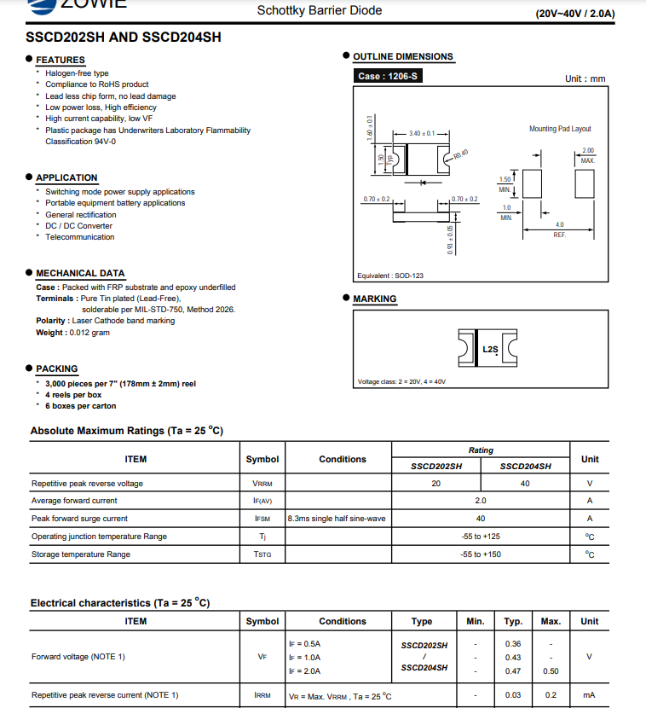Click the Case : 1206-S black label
point(389,76)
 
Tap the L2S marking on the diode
point(490,349)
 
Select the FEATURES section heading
point(61,60)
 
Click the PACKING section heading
point(57,369)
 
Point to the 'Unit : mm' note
point(585,78)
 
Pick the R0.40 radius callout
point(461,154)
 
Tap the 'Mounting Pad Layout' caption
point(560,129)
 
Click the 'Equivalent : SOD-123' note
point(390,276)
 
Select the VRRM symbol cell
point(262,484)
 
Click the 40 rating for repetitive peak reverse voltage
point(525,484)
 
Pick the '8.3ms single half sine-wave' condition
point(337,519)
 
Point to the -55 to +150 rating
point(481,554)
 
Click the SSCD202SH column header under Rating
point(436,467)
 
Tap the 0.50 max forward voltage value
point(551,671)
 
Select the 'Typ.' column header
point(513,621)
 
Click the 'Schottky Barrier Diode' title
point(320,10)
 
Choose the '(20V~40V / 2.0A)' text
point(575,14)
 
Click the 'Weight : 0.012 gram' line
point(73,333)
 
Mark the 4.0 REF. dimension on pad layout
point(559,229)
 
